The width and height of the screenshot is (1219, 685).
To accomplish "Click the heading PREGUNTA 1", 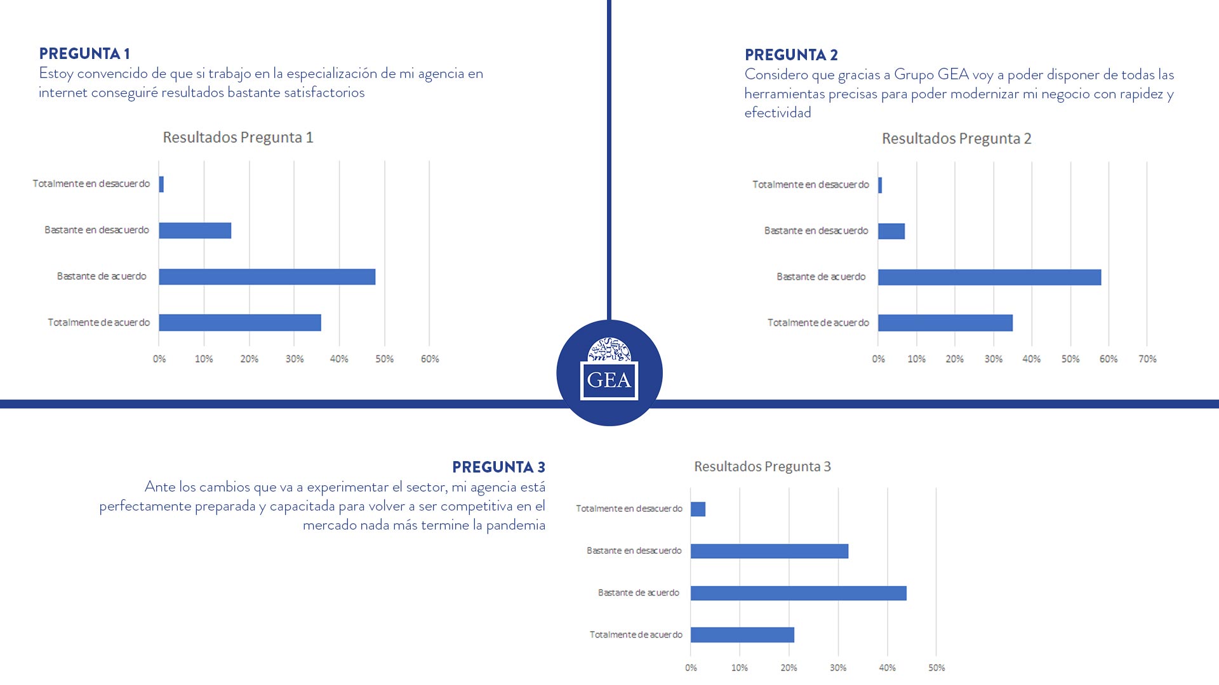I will click(84, 54).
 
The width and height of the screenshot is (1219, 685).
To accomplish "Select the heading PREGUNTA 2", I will click(791, 55).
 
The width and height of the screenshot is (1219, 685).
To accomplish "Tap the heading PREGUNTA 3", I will click(498, 467).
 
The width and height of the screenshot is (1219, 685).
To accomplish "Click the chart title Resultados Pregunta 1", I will click(238, 138).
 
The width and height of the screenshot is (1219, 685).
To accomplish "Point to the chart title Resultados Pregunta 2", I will click(956, 139).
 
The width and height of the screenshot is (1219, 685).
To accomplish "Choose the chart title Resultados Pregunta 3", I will click(762, 467).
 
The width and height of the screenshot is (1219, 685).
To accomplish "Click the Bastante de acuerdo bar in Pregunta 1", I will click(267, 277).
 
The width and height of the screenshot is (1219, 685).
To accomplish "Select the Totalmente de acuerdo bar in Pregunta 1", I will click(239, 323).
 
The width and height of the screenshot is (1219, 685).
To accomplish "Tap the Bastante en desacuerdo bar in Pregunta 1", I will click(195, 231).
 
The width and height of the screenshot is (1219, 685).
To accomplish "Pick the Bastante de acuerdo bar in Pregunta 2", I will click(989, 278).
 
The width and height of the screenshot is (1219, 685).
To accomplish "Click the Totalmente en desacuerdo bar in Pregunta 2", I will click(880, 185).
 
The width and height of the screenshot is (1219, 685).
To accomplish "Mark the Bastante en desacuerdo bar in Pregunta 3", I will click(769, 551).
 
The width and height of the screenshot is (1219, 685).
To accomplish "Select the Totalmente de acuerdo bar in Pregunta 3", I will click(742, 635).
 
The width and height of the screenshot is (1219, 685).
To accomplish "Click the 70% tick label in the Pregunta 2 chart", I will click(1147, 360).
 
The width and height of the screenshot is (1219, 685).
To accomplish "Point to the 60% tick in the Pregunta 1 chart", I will click(430, 360).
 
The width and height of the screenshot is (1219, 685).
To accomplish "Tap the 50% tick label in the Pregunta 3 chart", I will click(936, 668).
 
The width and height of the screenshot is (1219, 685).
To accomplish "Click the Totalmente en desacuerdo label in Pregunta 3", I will click(629, 509).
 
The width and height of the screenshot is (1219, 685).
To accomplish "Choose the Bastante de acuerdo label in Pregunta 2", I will click(821, 277).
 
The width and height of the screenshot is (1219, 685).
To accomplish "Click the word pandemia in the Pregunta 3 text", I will click(516, 525).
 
